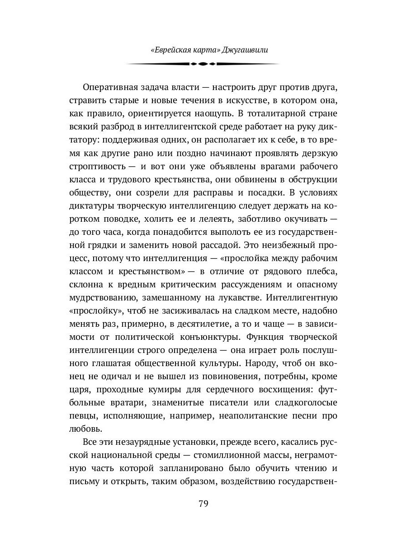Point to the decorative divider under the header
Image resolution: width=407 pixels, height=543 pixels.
pyautogui.click(x=203, y=64)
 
